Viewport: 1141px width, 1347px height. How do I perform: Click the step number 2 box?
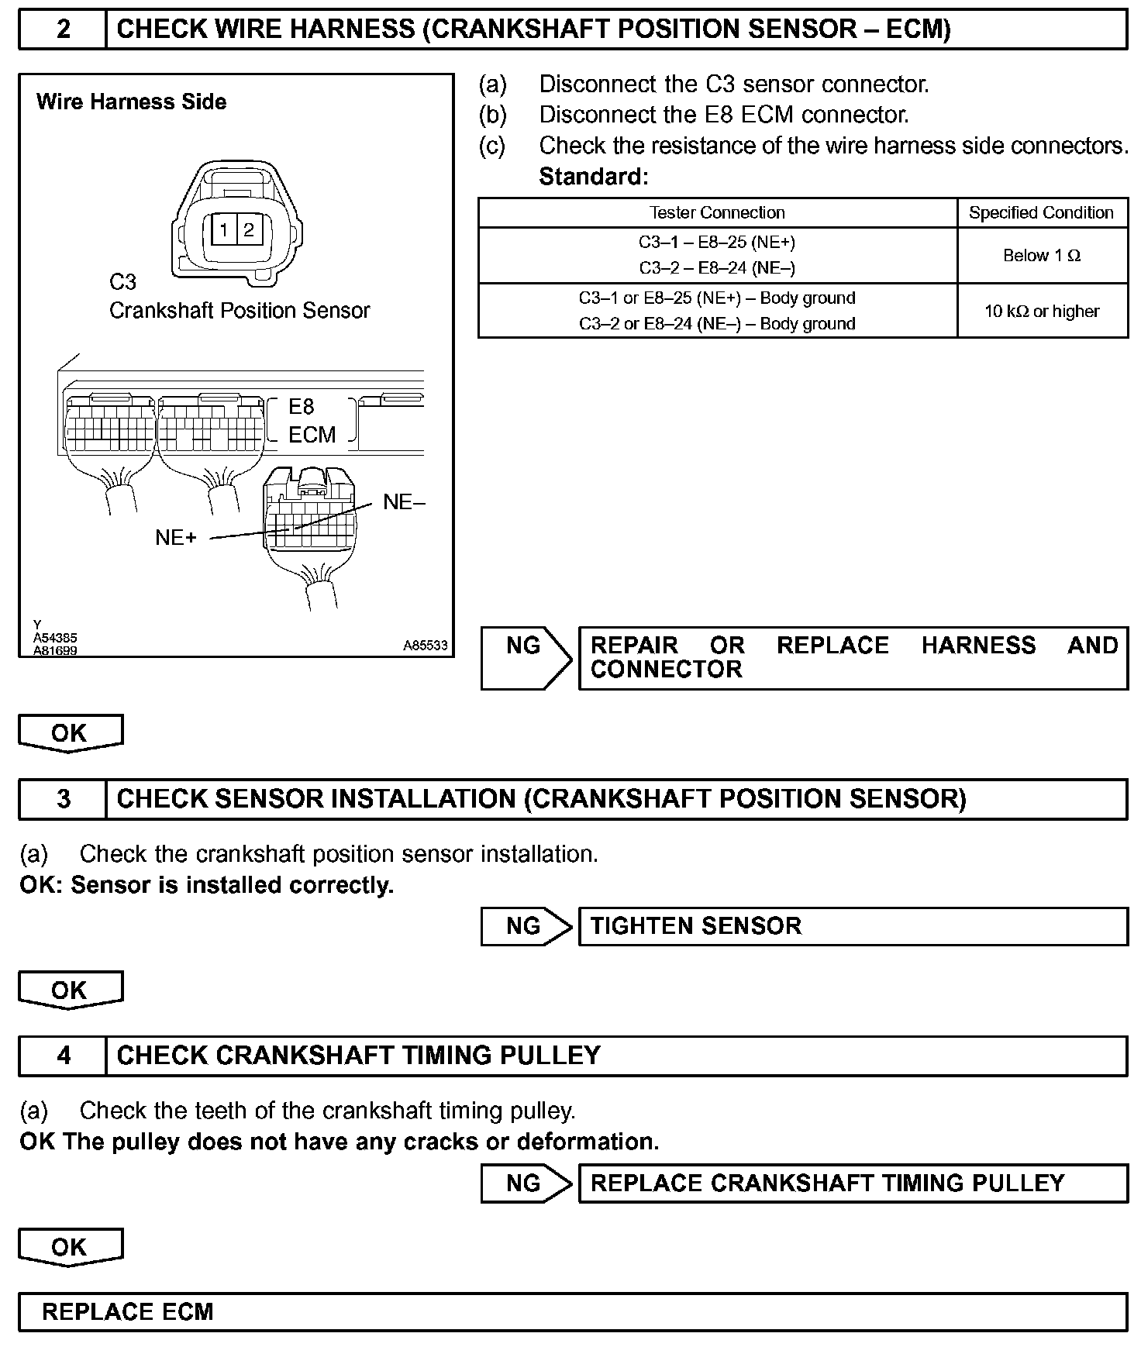pos(63,29)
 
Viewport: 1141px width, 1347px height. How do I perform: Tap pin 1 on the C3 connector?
pos(224,229)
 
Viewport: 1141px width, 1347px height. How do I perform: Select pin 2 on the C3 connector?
pos(249,229)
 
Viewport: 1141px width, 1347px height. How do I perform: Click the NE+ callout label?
pos(176,538)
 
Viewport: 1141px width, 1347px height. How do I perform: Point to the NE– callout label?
pos(404,502)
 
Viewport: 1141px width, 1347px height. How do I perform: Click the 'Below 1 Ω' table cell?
pos(1042,256)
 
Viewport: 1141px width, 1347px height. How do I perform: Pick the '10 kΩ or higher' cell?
pos(1042,312)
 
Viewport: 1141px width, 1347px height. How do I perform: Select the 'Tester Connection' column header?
pos(717,213)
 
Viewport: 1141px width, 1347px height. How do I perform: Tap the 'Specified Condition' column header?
pos(1041,213)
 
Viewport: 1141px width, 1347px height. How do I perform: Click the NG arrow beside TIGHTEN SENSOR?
pos(525,926)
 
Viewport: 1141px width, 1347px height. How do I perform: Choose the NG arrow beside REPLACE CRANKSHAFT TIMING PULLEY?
pos(525,1183)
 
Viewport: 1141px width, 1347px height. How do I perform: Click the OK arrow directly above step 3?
pos(70,733)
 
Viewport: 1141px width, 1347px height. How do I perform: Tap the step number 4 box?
pos(63,1056)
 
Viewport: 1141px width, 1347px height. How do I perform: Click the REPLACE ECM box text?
pos(127,1312)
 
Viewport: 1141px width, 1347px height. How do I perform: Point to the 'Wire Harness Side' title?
pos(131,102)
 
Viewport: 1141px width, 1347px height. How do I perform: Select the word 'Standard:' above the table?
pos(593,177)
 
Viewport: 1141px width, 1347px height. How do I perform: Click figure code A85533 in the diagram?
pos(425,646)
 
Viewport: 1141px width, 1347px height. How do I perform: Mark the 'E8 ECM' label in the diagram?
pos(312,421)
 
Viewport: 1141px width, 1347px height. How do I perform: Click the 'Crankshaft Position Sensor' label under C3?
pos(240,311)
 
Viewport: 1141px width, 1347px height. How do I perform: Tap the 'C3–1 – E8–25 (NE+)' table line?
pos(717,243)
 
